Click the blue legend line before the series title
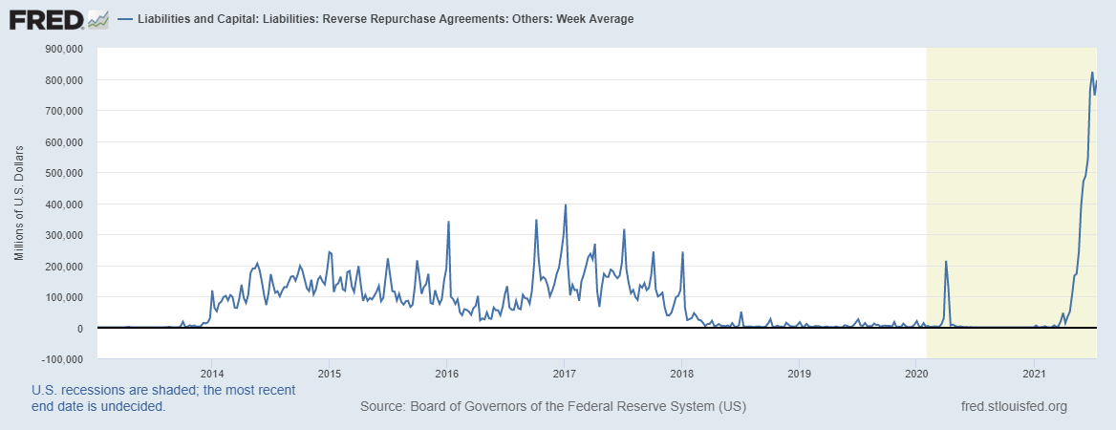point(125,19)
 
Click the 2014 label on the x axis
point(211,373)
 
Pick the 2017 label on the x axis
point(564,373)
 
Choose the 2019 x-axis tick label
point(799,373)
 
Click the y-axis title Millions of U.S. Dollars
point(19,204)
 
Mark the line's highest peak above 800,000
point(1092,73)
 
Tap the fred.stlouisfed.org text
point(1013,407)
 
